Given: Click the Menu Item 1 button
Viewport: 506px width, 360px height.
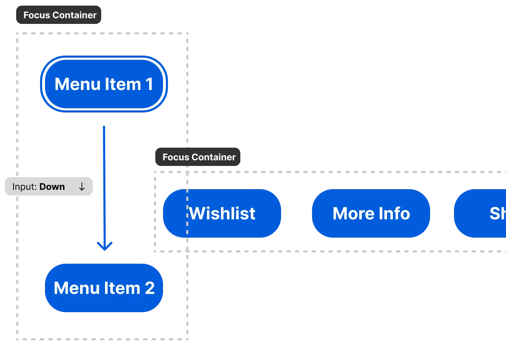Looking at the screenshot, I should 104,84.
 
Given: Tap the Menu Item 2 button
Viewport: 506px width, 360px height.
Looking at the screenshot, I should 104,288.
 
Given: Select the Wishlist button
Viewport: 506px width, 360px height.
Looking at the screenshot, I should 222,213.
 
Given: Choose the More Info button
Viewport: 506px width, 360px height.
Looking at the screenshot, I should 371,213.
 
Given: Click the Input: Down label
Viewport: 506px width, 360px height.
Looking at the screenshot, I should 48,187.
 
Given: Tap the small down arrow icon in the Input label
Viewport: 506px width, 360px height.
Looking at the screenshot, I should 82,187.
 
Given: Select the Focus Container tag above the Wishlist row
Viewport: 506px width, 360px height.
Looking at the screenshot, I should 199,157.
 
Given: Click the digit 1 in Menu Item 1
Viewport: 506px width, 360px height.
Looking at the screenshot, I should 149,84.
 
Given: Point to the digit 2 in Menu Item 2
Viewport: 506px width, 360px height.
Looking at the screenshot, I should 150,288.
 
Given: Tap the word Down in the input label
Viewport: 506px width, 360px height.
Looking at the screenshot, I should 52,187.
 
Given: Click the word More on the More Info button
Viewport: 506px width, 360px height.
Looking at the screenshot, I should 350,213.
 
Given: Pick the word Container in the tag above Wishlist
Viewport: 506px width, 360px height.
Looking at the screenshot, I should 214,157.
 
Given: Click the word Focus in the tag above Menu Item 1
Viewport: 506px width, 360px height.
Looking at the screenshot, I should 37,15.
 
